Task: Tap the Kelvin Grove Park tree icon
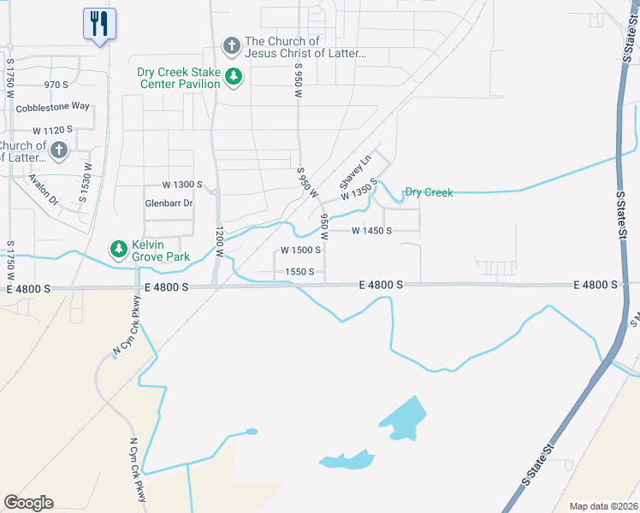point(117,250)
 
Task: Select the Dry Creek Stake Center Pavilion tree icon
point(233,78)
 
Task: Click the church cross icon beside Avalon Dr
point(58,151)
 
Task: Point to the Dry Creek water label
point(429,192)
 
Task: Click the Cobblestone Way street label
point(52,106)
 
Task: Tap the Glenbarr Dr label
point(169,203)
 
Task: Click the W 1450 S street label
point(373,231)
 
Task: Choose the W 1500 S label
point(301,251)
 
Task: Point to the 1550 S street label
point(299,272)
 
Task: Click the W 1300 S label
point(182,185)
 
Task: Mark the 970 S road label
point(56,85)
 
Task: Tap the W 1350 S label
point(359,190)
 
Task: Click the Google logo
point(29,503)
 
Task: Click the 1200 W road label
point(219,243)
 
